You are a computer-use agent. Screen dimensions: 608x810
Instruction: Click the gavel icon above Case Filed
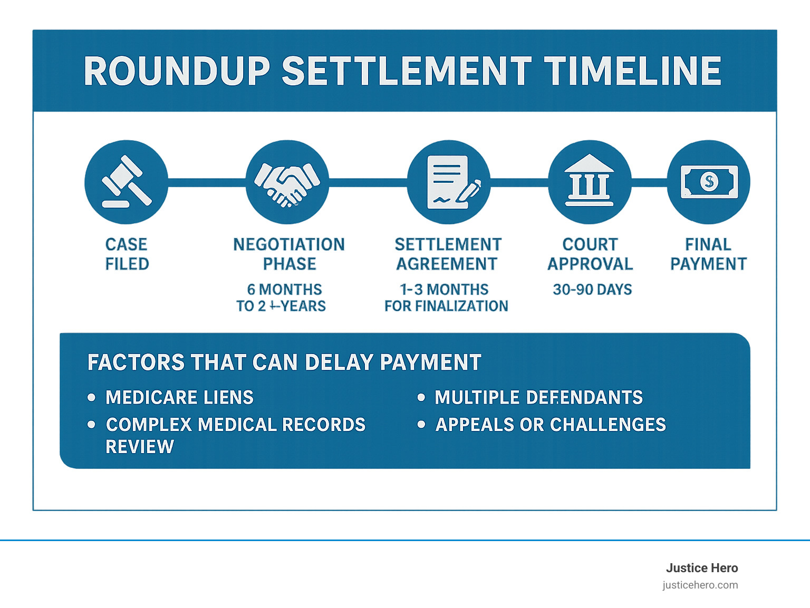coord(126,182)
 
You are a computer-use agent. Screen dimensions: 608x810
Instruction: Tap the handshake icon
coord(287,182)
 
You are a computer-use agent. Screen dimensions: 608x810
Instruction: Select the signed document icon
coord(449,182)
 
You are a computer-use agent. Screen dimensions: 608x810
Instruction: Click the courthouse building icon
coord(589,182)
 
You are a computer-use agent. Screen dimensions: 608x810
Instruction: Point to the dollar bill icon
coord(708,182)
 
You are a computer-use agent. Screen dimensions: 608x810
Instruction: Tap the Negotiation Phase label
coord(289,254)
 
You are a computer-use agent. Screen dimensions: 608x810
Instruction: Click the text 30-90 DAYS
coord(592,289)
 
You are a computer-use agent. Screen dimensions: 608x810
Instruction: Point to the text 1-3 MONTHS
coord(445,289)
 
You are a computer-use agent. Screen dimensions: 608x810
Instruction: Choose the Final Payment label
coord(708,254)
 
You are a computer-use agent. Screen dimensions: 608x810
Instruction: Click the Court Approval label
coord(590,254)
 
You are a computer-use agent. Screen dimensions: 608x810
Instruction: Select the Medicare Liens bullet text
coord(179,397)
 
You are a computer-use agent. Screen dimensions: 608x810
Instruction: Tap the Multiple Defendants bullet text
coord(538,397)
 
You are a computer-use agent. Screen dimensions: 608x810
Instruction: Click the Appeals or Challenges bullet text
coord(551,425)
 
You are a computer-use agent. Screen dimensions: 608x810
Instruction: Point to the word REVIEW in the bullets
coord(140,447)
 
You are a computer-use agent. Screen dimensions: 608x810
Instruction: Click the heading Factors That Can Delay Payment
coord(284,362)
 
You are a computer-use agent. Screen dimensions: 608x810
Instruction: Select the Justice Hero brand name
coord(701,568)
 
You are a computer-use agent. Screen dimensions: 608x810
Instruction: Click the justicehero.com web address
coord(700,585)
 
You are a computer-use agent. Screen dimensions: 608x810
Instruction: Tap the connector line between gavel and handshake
coord(207,182)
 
